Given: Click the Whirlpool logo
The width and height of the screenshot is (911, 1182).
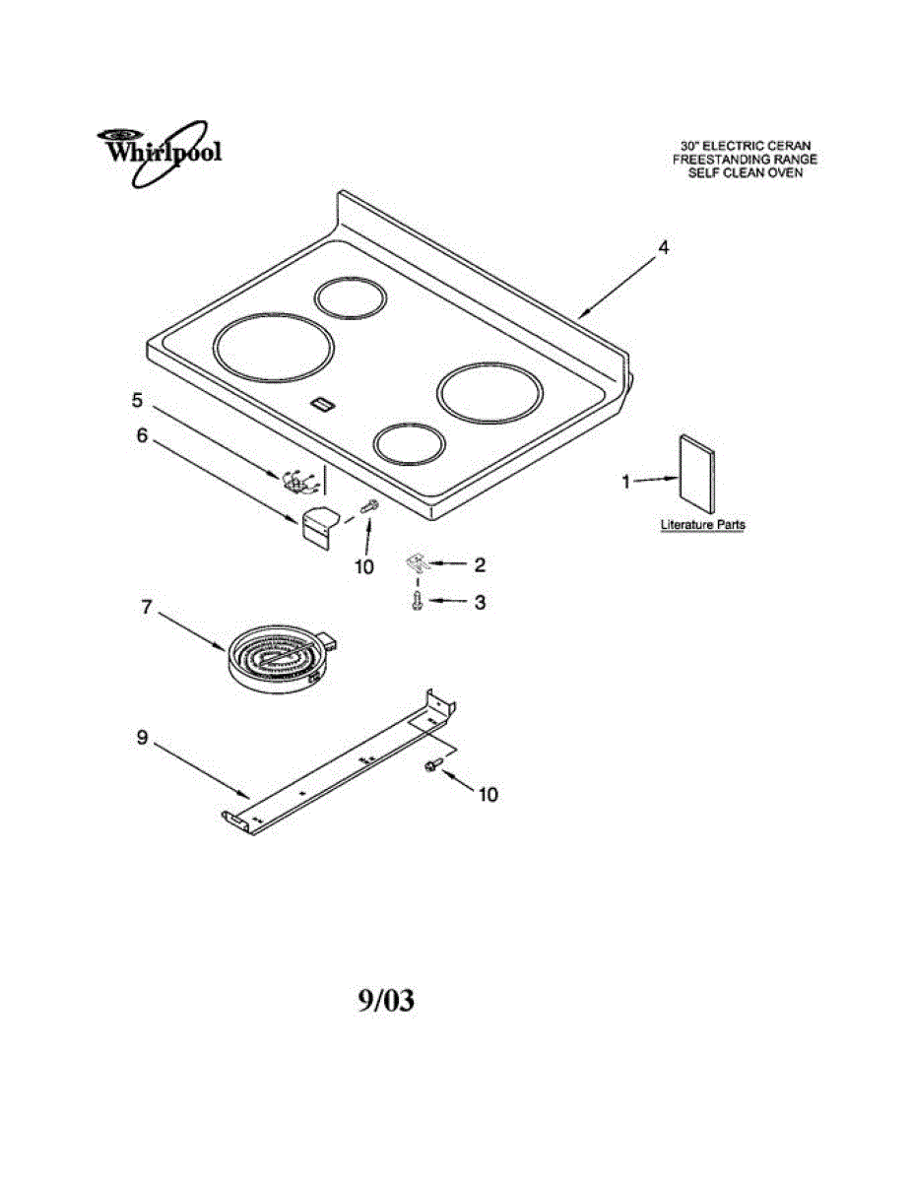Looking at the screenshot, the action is (x=159, y=153).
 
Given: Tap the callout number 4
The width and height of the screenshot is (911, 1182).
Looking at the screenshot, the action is (x=663, y=248).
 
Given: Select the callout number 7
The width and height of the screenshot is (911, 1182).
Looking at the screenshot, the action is (x=146, y=607).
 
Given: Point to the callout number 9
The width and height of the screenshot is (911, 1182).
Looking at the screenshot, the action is (x=142, y=738).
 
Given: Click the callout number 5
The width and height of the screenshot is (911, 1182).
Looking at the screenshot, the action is (x=137, y=400).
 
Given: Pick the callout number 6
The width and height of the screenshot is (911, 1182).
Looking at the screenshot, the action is (x=142, y=435).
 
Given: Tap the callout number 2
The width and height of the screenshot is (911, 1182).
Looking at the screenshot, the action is (x=480, y=564).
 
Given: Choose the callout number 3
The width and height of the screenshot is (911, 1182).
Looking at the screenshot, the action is (x=480, y=602).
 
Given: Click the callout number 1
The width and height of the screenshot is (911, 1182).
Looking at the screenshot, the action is (x=626, y=482).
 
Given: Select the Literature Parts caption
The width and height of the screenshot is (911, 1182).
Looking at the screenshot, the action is (x=702, y=525).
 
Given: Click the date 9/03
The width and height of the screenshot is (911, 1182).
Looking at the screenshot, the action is (x=386, y=1000).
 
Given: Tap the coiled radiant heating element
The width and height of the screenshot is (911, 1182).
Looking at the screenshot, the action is (x=282, y=660).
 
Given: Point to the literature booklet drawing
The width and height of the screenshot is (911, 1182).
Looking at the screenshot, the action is (x=696, y=473).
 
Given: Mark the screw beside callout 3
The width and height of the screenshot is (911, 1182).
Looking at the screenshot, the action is (x=417, y=602).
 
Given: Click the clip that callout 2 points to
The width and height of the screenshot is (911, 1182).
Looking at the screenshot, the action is (x=418, y=563).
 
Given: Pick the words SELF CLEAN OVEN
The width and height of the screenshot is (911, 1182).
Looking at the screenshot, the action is (x=746, y=173).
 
